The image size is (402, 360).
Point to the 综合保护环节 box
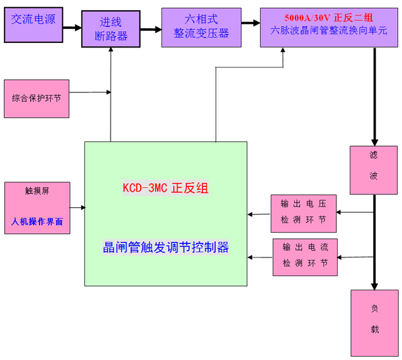point(36,98)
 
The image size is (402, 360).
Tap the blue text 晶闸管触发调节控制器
point(165,247)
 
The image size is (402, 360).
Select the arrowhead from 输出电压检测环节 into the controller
point(251,215)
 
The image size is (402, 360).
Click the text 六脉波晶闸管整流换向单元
point(330,32)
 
